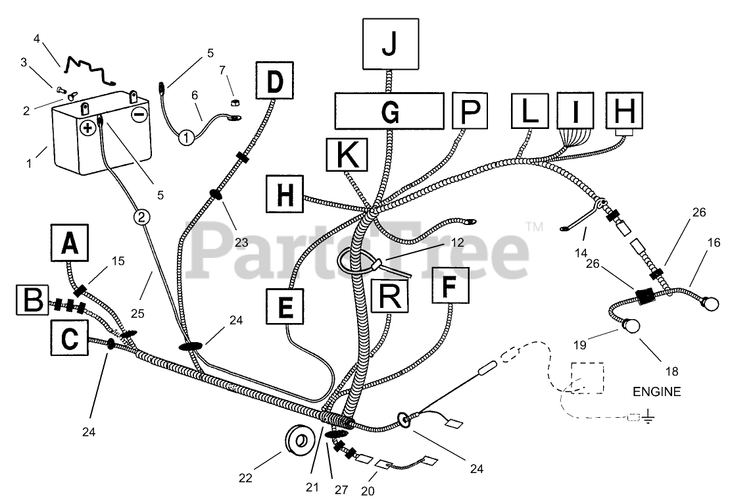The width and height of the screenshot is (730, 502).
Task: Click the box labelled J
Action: click(390, 44)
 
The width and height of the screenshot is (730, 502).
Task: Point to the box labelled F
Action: click(450, 286)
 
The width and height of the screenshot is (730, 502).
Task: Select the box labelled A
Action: click(69, 243)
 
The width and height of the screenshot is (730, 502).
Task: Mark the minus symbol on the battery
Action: click(139, 115)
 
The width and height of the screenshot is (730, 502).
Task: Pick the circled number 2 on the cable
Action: click(141, 215)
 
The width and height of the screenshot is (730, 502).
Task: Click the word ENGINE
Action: click(656, 392)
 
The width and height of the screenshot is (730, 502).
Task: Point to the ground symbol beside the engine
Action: click(648, 416)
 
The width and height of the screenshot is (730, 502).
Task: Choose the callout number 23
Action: click(241, 242)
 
